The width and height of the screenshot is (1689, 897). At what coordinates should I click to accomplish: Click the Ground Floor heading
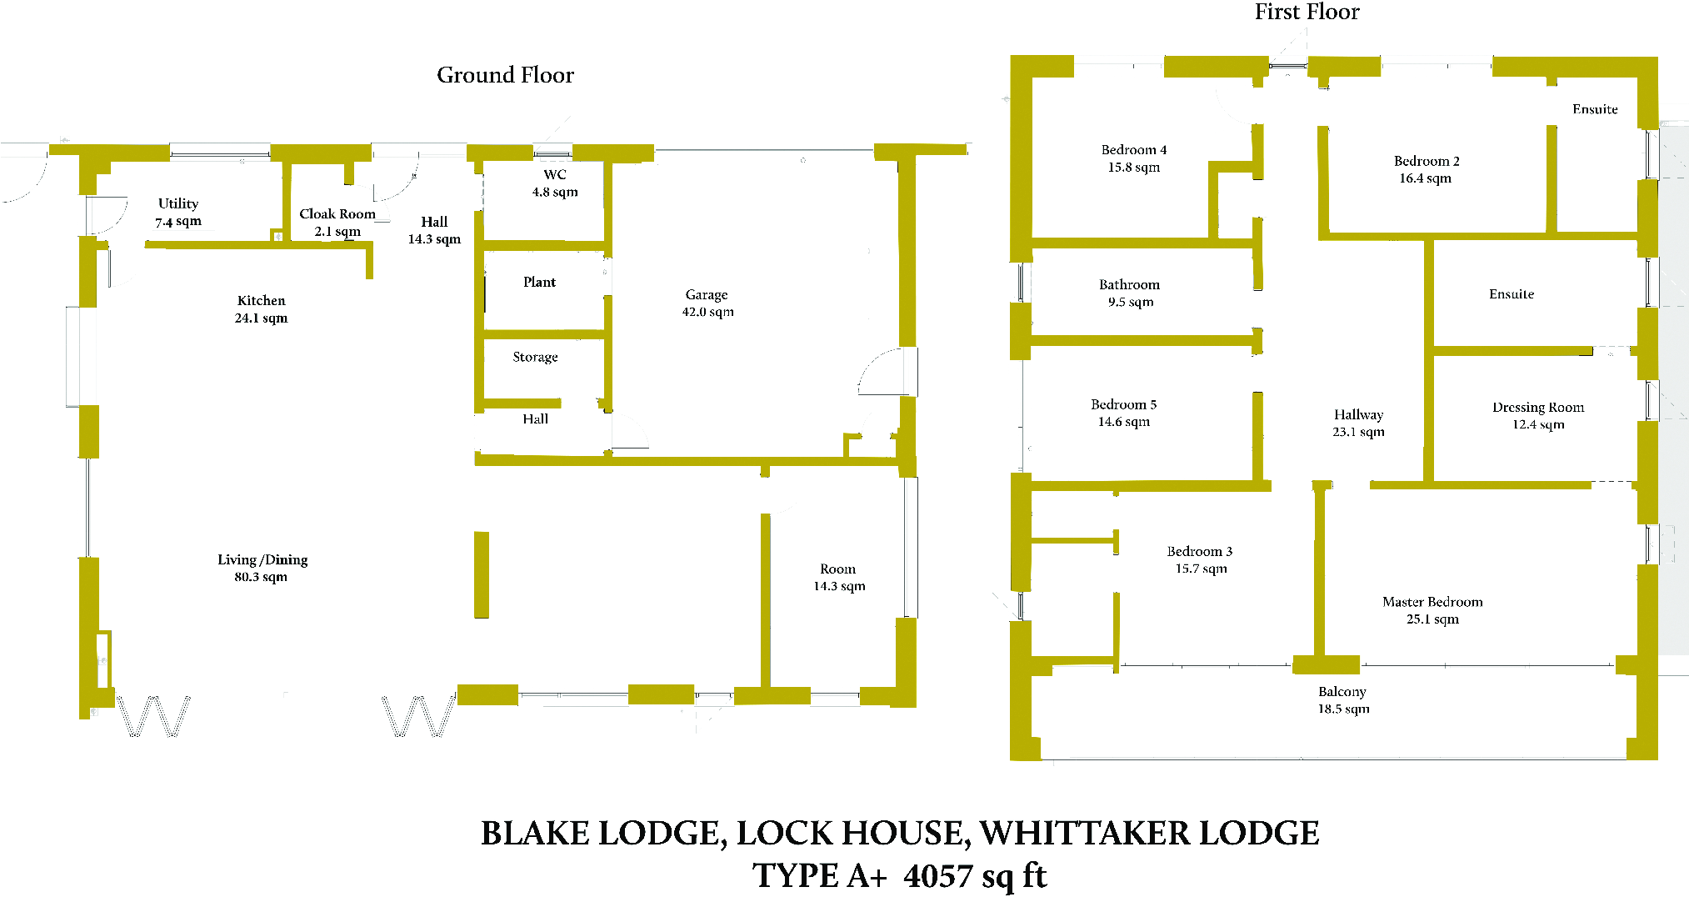(505, 75)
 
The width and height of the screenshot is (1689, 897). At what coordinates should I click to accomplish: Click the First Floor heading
(1307, 12)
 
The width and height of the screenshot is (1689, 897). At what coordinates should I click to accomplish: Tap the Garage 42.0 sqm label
(707, 303)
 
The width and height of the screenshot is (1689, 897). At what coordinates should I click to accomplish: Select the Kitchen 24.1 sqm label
(261, 309)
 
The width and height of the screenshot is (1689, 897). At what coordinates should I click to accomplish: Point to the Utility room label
(178, 213)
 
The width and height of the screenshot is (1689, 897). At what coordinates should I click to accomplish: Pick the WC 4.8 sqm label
(555, 183)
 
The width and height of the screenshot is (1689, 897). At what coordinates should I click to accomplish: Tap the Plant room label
(539, 283)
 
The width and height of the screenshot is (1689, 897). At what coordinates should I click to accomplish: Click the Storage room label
(535, 357)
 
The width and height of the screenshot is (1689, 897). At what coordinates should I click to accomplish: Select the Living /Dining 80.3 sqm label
(262, 569)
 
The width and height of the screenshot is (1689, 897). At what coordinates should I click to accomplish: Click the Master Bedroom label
(1432, 610)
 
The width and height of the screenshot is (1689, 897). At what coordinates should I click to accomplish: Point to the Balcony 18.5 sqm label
(1342, 700)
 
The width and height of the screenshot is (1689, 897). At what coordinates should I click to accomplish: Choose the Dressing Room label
(1538, 416)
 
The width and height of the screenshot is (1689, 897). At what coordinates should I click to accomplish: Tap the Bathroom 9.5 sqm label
(1129, 293)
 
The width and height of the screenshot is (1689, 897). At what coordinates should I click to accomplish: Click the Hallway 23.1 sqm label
(1358, 423)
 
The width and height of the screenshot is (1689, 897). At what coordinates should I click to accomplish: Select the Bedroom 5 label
(1123, 413)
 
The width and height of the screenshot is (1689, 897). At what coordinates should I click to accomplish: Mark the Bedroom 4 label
(1133, 158)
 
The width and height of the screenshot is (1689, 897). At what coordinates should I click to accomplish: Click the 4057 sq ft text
(975, 876)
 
